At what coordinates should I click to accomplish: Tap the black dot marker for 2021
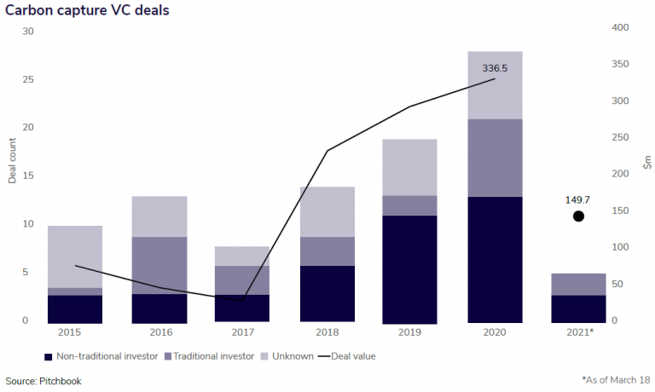pos(578,216)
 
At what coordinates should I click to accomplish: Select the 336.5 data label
pos(496,67)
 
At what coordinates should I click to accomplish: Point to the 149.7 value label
pos(578,200)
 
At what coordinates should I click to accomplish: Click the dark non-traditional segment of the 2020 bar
pos(496,259)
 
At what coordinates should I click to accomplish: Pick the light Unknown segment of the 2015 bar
pos(75,257)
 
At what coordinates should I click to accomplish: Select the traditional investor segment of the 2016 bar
pos(159,265)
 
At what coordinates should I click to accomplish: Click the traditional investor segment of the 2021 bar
pos(578,285)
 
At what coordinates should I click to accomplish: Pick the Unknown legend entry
pos(287,356)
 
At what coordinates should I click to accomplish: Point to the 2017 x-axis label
pos(244,331)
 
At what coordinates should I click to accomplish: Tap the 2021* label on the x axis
pos(579,331)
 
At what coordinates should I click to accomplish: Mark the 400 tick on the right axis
pos(620,28)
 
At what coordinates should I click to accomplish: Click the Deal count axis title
pos(13,163)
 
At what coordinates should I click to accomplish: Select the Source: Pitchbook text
pos(43,381)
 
